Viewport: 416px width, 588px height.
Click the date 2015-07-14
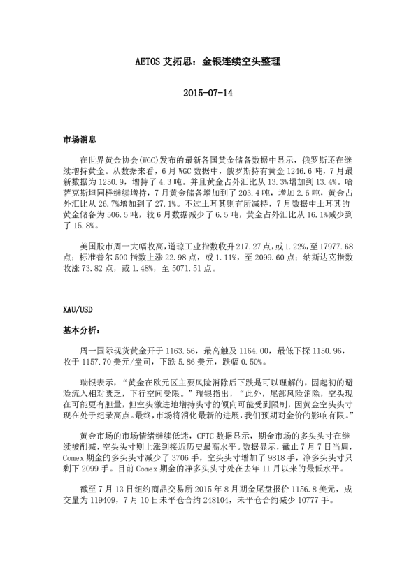(208, 93)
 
